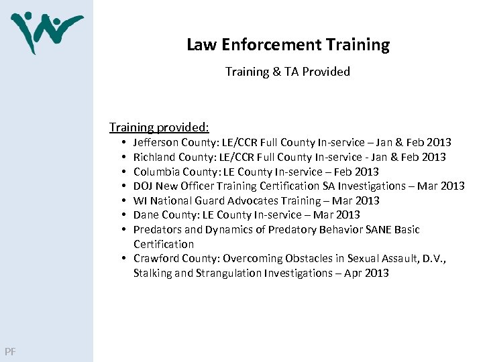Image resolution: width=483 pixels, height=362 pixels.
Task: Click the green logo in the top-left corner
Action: [x=46, y=31]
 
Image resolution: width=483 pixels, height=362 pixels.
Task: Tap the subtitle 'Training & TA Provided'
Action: [x=288, y=71]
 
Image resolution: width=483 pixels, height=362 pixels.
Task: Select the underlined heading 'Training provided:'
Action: [x=160, y=127]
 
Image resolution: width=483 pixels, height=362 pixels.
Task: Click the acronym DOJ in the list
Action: [x=144, y=186]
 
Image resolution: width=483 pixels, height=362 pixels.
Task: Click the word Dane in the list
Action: [x=146, y=215]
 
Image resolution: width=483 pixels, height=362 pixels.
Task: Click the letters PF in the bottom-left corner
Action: [x=10, y=351]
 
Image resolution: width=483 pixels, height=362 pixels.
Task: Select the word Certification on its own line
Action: [x=164, y=244]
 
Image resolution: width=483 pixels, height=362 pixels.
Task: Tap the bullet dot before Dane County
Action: [x=125, y=215]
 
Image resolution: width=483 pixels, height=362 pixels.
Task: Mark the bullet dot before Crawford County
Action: [x=125, y=259]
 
